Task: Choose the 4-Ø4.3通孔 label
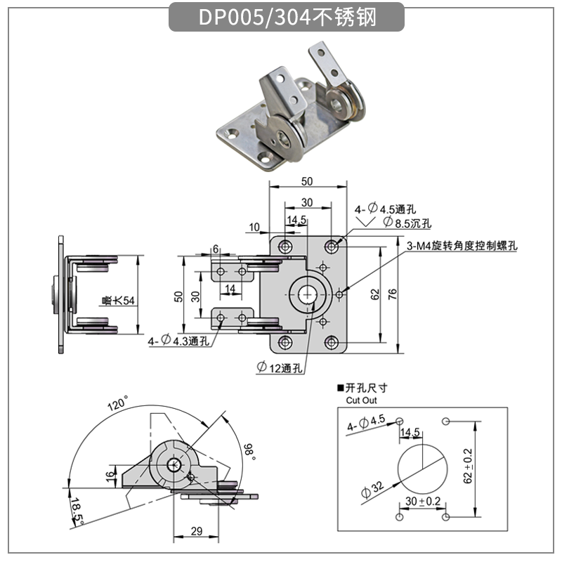click(178, 341)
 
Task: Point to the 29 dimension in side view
click(197, 530)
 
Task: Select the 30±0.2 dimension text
click(422, 501)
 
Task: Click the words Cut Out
click(362, 400)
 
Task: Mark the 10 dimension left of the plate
click(254, 226)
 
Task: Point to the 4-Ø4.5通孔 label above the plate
click(386, 209)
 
